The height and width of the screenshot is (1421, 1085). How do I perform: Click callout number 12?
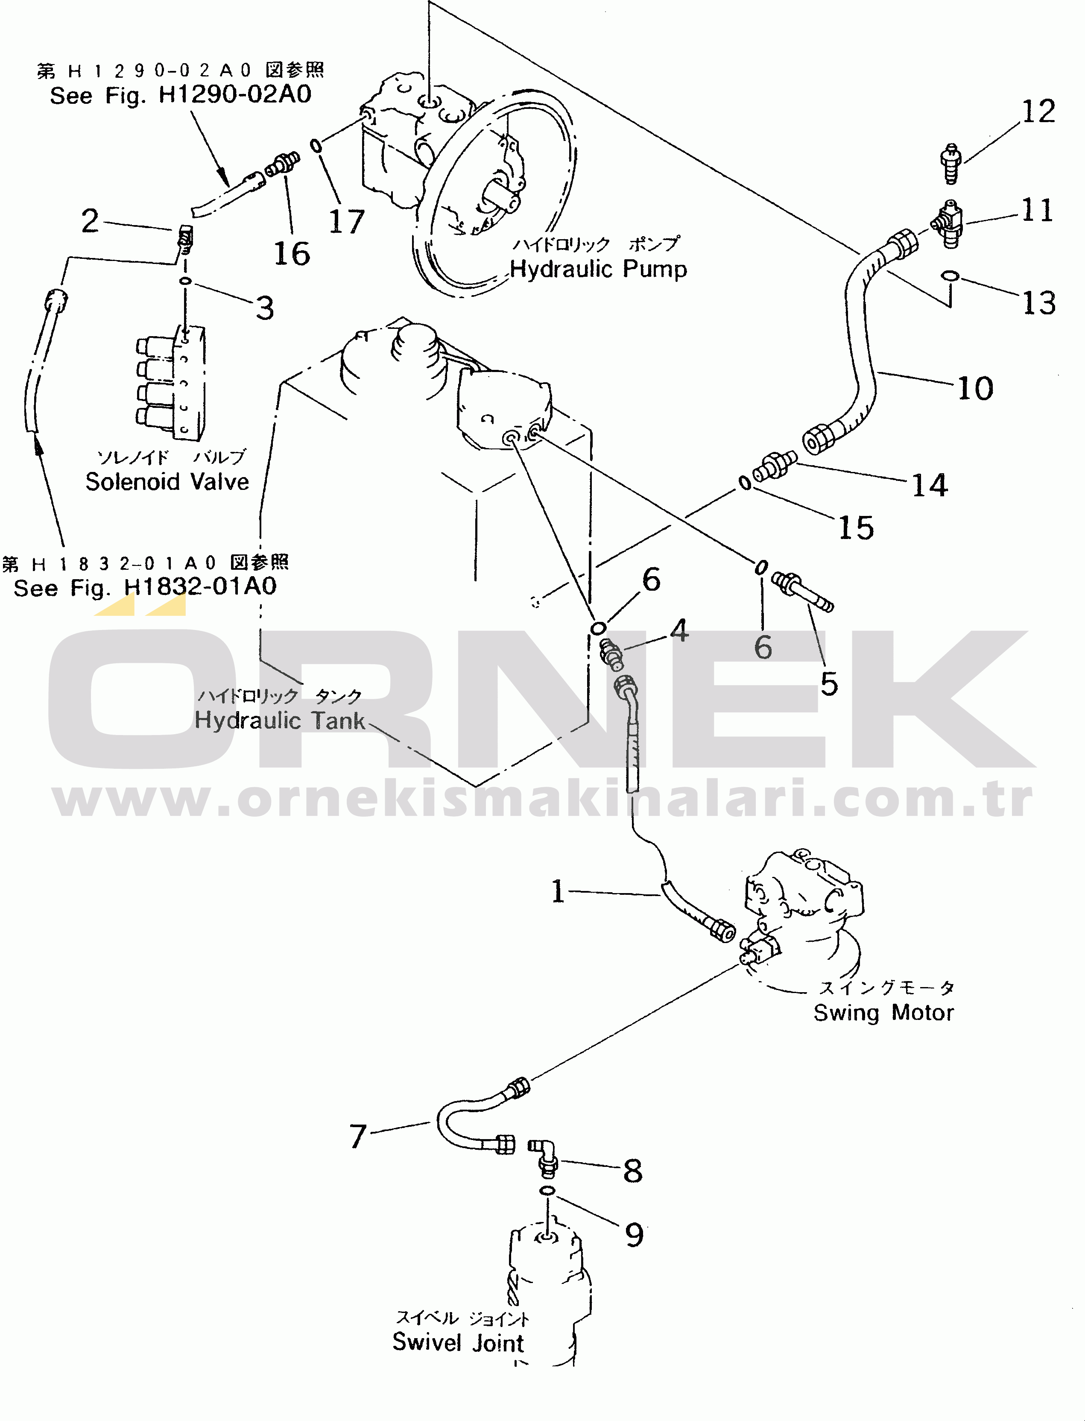(x=1038, y=112)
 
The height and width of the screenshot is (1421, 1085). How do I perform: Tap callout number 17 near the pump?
(x=346, y=222)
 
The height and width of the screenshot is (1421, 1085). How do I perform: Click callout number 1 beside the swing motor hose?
(x=558, y=891)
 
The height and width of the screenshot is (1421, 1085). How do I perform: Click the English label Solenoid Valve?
(x=167, y=481)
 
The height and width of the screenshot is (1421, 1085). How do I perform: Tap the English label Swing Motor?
(x=883, y=1012)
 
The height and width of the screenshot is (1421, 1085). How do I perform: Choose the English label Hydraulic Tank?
(x=280, y=720)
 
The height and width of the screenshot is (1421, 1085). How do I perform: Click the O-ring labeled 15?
(x=745, y=483)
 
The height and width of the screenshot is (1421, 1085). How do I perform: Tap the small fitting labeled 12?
(x=950, y=164)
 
